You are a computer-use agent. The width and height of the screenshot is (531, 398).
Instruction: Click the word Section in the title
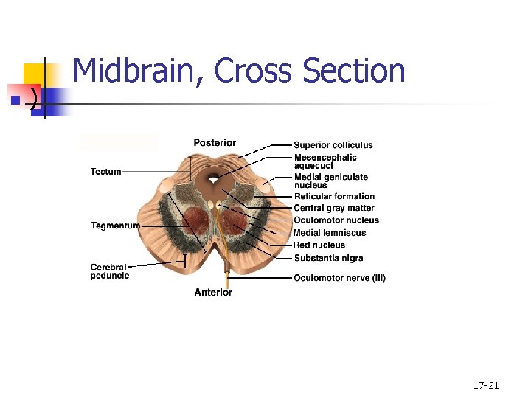pyautogui.click(x=354, y=71)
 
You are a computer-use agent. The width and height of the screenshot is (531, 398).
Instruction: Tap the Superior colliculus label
pyautogui.click(x=333, y=145)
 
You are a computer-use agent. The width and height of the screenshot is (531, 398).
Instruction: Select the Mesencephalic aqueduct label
pyautogui.click(x=325, y=161)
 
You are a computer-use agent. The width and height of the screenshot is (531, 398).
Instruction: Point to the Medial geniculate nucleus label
pyautogui.click(x=330, y=181)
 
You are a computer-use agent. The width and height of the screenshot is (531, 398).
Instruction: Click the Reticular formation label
pyautogui.click(x=334, y=196)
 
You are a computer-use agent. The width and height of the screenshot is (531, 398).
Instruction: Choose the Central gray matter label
pyautogui.click(x=334, y=208)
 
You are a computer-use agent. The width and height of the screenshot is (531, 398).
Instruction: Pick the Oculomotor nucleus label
pyautogui.click(x=336, y=220)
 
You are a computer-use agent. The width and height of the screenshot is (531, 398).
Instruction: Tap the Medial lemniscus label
pyautogui.click(x=330, y=233)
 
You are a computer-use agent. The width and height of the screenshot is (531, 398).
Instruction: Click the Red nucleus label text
pyautogui.click(x=319, y=245)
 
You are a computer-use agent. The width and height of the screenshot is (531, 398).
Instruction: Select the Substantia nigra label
pyautogui.click(x=328, y=258)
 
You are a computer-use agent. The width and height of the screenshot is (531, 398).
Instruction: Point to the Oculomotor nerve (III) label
pyautogui.click(x=339, y=278)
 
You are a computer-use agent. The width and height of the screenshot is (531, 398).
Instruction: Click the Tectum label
pyautogui.click(x=105, y=172)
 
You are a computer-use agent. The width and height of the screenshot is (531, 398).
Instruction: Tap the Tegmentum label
pyautogui.click(x=115, y=226)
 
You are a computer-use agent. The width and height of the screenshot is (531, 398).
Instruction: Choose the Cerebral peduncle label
pyautogui.click(x=109, y=271)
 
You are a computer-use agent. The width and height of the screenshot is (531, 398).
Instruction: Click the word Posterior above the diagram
pyautogui.click(x=215, y=143)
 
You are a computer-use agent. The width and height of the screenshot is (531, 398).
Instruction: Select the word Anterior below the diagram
pyautogui.click(x=213, y=293)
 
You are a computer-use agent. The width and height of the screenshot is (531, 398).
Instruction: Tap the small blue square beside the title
pyautogui.click(x=14, y=97)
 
